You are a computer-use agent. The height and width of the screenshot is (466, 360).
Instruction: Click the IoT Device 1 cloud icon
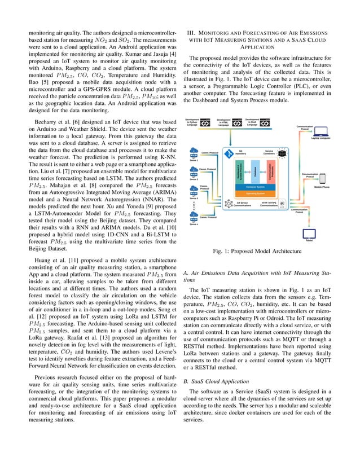click(194, 152)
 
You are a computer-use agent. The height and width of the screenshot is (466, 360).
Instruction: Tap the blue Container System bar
click(256, 186)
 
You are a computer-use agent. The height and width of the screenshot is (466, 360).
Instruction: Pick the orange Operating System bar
click(256, 193)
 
